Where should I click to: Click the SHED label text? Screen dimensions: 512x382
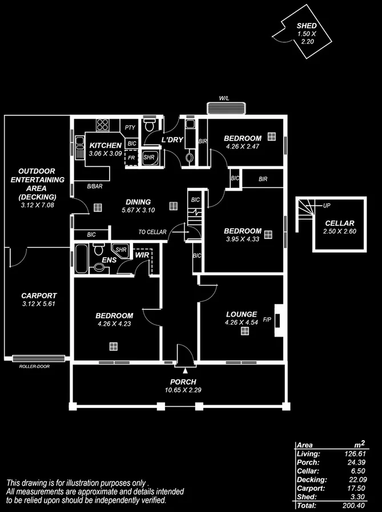click(x=307, y=26)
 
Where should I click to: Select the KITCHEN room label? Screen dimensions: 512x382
click(x=105, y=146)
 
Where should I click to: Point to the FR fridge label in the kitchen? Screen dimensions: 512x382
click(x=131, y=158)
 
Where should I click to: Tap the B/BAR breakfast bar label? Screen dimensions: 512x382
click(x=95, y=187)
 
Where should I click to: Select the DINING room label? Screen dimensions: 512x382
click(x=138, y=202)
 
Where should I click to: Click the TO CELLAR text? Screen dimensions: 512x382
click(x=152, y=232)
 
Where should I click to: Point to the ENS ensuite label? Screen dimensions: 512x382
click(x=110, y=261)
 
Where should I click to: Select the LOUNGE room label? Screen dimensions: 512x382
click(x=242, y=314)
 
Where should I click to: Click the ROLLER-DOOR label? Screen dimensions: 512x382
click(x=34, y=366)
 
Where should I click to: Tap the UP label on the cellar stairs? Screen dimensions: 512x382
click(x=327, y=206)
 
